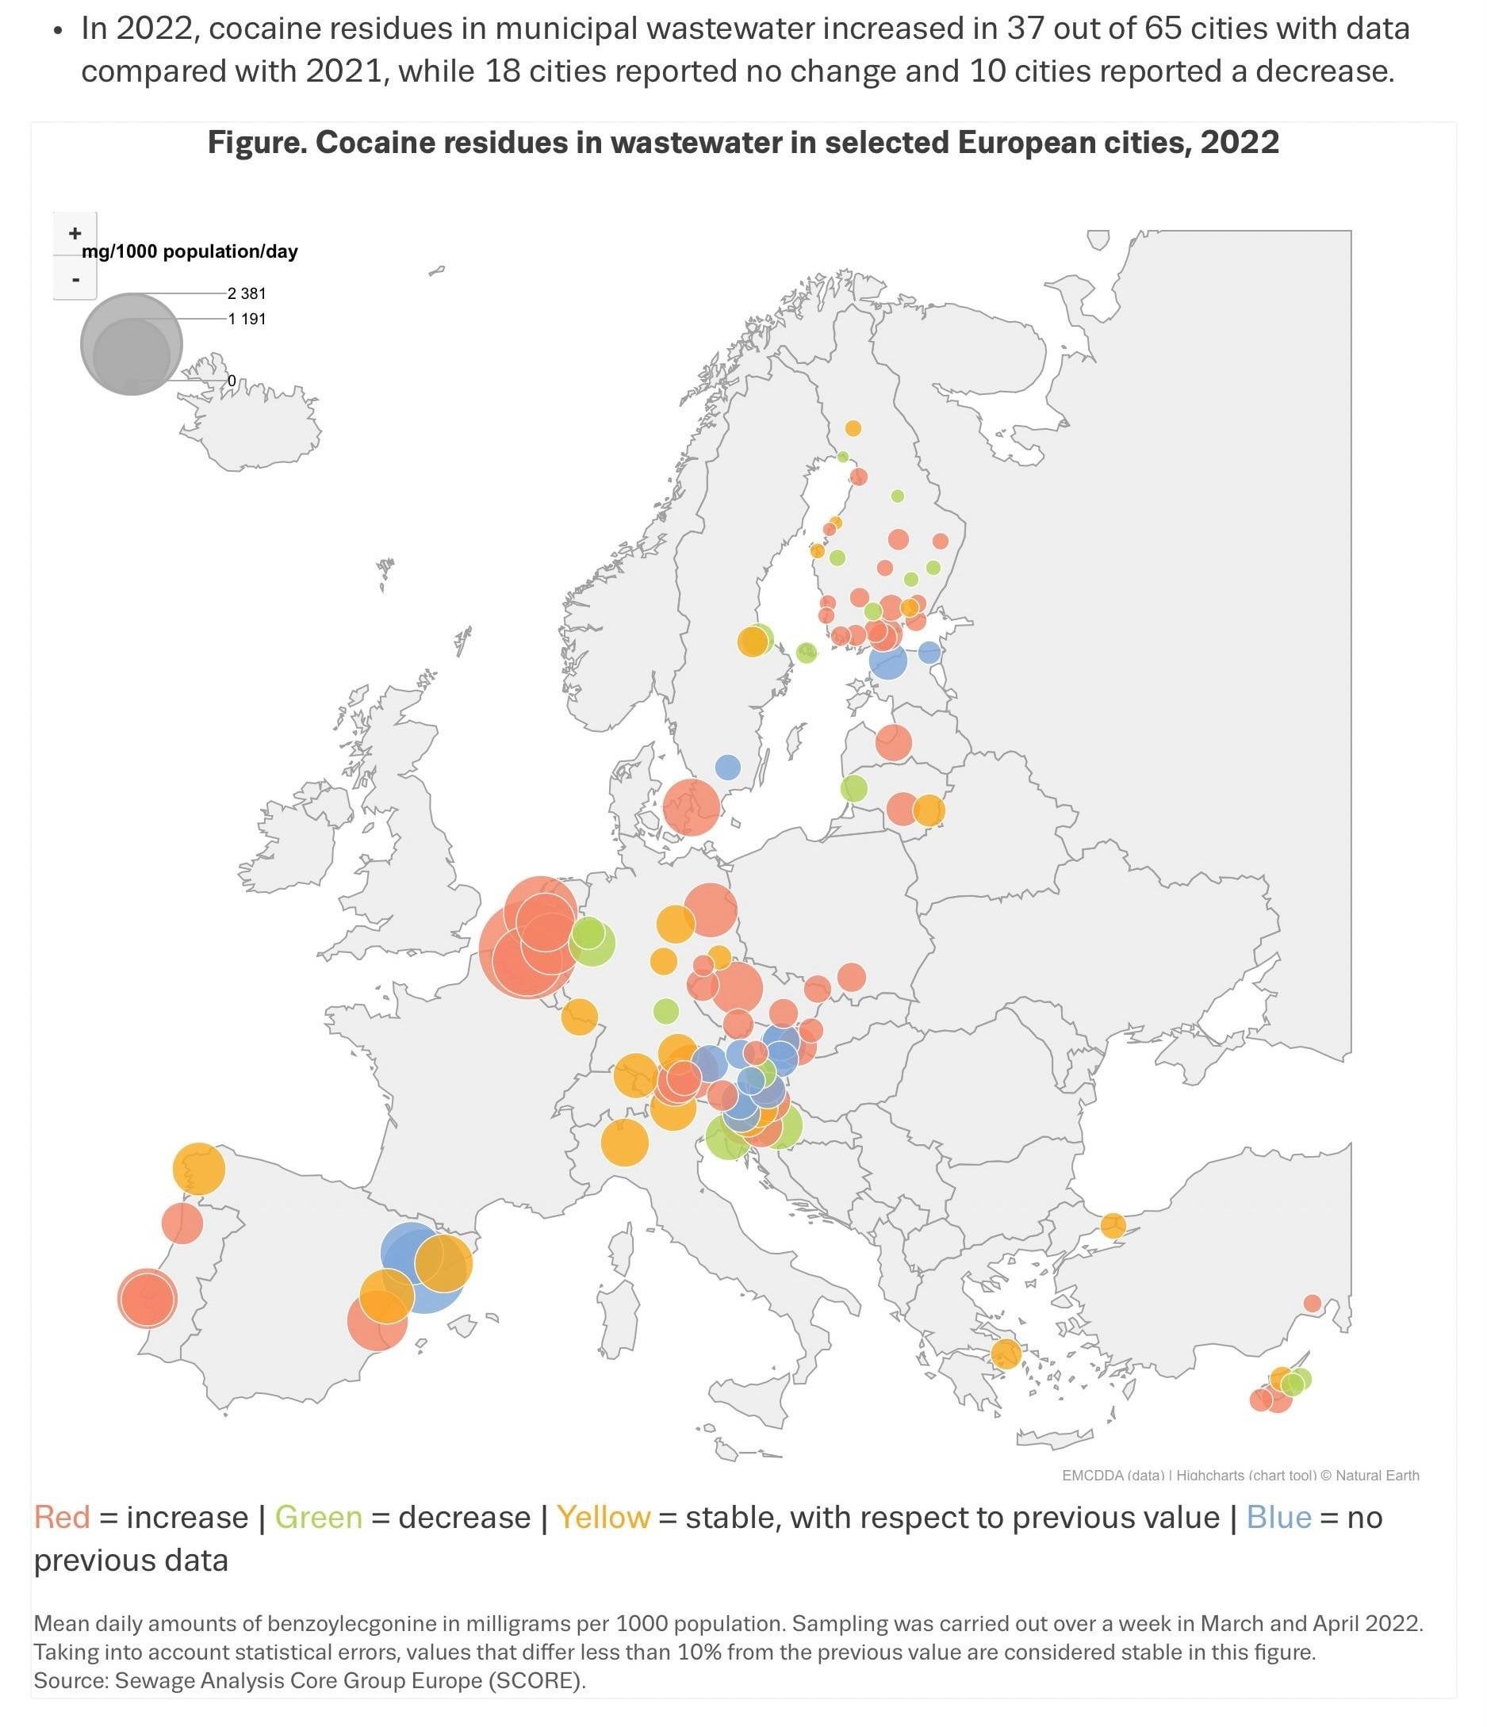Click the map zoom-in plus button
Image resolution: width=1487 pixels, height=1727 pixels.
pyautogui.click(x=75, y=233)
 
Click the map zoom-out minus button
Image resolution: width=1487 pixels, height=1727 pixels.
pyautogui.click(x=75, y=278)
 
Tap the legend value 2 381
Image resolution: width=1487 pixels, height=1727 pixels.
pyautogui.click(x=247, y=293)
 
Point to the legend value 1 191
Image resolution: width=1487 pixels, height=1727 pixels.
pyautogui.click(x=247, y=320)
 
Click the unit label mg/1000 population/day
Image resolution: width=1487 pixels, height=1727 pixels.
pyautogui.click(x=190, y=251)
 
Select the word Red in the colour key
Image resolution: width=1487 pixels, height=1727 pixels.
pyautogui.click(x=62, y=1518)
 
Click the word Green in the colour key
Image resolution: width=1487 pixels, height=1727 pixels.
pyautogui.click(x=318, y=1518)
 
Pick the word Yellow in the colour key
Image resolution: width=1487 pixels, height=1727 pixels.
pyautogui.click(x=604, y=1518)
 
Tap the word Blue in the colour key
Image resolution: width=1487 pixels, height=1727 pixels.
pyautogui.click(x=1278, y=1518)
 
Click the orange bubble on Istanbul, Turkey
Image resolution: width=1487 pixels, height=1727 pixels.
pyautogui.click(x=1113, y=1225)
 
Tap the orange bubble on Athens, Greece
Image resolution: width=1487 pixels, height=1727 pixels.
pyautogui.click(x=1006, y=1354)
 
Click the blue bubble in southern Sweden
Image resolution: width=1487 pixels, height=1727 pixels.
pyautogui.click(x=728, y=767)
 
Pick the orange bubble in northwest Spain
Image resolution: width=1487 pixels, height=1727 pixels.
pyautogui.click(x=199, y=1169)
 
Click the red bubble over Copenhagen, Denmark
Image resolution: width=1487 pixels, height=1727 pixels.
pyautogui.click(x=691, y=807)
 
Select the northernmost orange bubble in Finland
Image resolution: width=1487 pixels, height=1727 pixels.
pyautogui.click(x=853, y=428)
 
